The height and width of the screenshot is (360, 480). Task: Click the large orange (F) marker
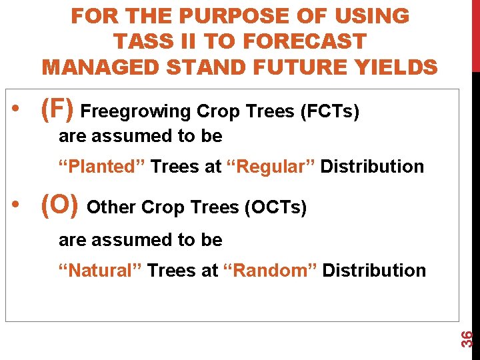click(58, 109)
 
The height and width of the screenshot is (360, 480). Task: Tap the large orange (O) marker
click(60, 206)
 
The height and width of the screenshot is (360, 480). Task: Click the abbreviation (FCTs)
click(330, 111)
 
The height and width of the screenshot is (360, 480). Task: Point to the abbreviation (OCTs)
click(276, 208)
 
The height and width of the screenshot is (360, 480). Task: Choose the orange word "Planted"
click(101, 166)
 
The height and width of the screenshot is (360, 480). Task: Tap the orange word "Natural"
click(99, 270)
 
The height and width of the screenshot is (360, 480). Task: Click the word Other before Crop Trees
click(112, 208)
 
